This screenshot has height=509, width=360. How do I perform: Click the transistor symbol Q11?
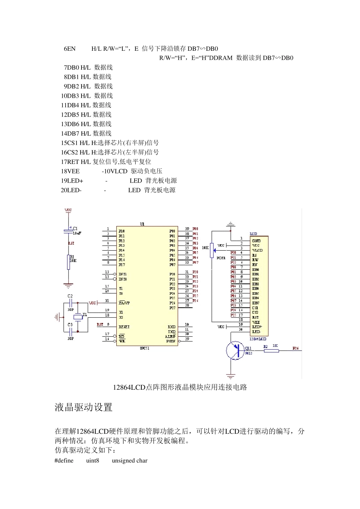click(x=235, y=350)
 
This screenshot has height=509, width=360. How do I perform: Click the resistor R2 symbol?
click(x=271, y=351)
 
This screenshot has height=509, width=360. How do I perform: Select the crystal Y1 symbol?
click(x=78, y=317)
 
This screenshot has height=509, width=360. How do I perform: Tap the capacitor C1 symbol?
click(x=68, y=230)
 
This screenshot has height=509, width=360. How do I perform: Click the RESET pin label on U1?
click(x=124, y=326)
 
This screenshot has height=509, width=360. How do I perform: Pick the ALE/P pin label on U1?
click(x=170, y=336)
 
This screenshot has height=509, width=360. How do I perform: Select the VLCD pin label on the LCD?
click(x=257, y=250)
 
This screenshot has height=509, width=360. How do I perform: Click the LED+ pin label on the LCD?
click(x=257, y=327)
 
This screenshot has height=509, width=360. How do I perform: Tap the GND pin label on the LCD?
click(x=256, y=240)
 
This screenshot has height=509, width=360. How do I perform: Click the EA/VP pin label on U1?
click(x=124, y=303)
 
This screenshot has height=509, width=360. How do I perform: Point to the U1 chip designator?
click(x=142, y=224)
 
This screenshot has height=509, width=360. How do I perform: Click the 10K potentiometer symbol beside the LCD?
click(x=211, y=250)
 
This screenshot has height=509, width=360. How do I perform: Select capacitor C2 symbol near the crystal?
click(x=70, y=303)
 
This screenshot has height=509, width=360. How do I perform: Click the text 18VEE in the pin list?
click(x=70, y=171)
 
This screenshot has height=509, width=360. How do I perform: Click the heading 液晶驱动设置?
click(x=84, y=408)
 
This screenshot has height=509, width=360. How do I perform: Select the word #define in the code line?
click(x=64, y=461)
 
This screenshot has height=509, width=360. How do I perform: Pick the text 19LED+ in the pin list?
click(x=72, y=181)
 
